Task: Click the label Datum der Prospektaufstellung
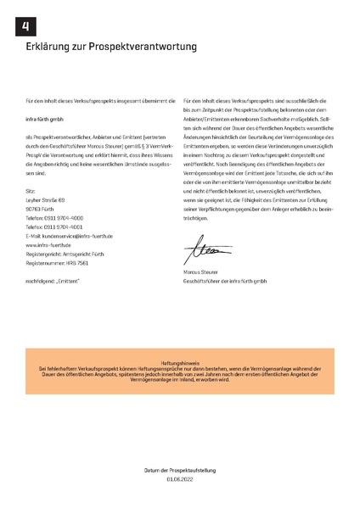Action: click(180, 469)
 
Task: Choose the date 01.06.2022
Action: click(180, 478)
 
